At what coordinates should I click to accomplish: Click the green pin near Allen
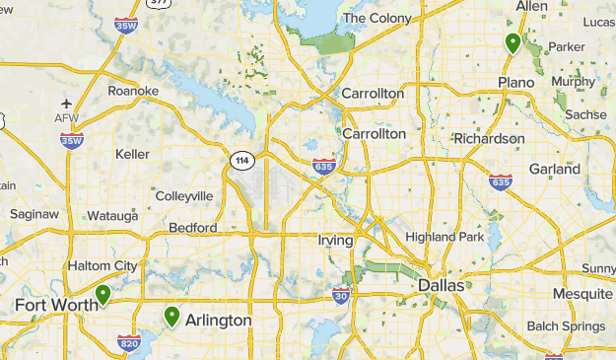tap(513, 43)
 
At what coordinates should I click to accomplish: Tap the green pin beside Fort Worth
tap(103, 294)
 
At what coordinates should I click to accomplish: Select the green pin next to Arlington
tap(172, 317)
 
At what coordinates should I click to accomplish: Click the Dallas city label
tap(440, 286)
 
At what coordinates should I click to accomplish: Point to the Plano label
tap(516, 81)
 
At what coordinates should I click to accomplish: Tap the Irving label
tap(336, 240)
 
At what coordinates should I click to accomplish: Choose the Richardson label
tap(489, 139)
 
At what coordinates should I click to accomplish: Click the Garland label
tap(554, 169)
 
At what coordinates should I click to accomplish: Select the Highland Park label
tap(445, 237)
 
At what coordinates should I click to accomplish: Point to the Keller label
tap(133, 154)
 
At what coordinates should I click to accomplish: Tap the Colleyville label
tap(184, 195)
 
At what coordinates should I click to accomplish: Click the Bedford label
tap(193, 228)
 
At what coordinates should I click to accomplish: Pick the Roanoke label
tap(134, 91)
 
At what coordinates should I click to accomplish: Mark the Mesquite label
tap(582, 294)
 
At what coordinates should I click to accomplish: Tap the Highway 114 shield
tap(240, 159)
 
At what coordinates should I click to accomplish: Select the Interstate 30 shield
tap(341, 295)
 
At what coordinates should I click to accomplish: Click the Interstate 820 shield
tap(128, 342)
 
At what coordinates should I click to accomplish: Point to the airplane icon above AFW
tap(67, 103)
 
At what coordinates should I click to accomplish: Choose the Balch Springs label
tap(571, 326)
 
